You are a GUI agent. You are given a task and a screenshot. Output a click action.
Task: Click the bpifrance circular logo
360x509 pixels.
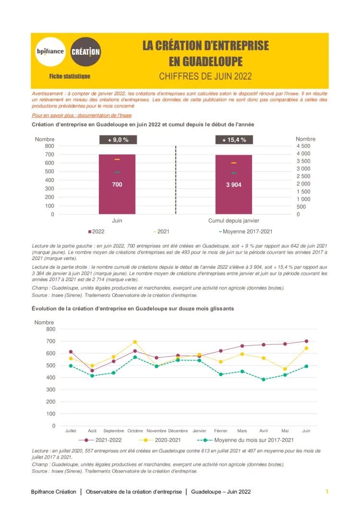pyautogui.click(x=50, y=51)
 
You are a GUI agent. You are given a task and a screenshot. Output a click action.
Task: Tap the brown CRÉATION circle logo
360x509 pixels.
pyautogui.click(x=85, y=51)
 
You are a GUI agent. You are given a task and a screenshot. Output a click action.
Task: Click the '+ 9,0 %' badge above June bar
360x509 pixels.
pyautogui.click(x=118, y=140)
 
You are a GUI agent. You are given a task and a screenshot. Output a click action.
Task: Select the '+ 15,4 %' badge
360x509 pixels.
pyautogui.click(x=234, y=140)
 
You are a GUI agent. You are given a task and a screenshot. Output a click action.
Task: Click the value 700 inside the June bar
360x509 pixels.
pyautogui.click(x=117, y=184)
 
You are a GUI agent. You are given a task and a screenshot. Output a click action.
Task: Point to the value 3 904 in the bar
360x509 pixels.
pyautogui.click(x=234, y=185)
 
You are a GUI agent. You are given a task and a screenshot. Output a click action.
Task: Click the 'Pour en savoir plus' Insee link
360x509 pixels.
pyautogui.click(x=82, y=116)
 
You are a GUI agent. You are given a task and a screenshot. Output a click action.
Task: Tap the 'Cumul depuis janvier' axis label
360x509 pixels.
pyautogui.click(x=234, y=221)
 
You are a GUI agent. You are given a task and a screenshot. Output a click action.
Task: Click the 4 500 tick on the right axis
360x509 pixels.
pyautogui.click(x=303, y=146)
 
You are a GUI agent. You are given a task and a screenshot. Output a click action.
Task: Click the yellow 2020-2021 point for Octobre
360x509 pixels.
pyautogui.click(x=135, y=342)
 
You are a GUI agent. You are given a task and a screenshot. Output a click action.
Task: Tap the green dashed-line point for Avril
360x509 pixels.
pyautogui.click(x=264, y=379)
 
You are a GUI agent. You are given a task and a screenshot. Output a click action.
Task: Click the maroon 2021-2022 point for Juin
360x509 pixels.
pyautogui.click(x=306, y=341)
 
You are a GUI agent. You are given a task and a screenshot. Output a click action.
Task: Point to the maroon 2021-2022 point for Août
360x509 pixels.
pyautogui.click(x=92, y=370)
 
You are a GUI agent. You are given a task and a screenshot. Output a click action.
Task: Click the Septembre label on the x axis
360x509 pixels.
pyautogui.click(x=114, y=431)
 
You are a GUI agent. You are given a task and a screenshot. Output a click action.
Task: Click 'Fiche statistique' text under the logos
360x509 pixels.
pyautogui.click(x=70, y=76)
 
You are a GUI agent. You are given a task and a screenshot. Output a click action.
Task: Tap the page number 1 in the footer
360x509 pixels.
pyautogui.click(x=327, y=492)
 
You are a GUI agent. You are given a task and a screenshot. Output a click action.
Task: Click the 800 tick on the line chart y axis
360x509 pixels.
pyautogui.click(x=50, y=329)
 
